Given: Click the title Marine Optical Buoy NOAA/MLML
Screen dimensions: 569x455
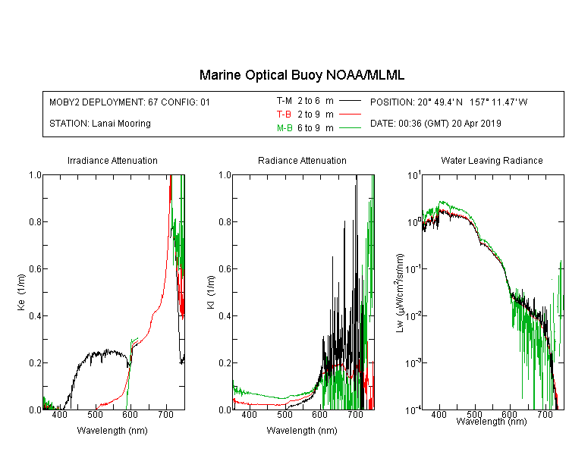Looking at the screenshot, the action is click(301, 75).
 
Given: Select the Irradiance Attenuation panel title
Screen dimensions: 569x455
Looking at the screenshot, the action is click(112, 160).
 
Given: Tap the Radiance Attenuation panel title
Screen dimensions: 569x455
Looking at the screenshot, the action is click(302, 160).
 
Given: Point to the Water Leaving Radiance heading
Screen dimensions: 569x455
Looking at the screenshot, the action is click(492, 160).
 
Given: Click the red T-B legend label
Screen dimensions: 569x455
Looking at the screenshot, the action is click(284, 115).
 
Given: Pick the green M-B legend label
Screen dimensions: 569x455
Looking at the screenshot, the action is click(284, 128).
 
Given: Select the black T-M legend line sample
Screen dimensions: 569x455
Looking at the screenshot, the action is click(350, 101).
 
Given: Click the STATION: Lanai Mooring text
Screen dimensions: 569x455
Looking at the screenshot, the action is click(100, 124).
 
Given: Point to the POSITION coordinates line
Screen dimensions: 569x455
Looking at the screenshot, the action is click(448, 102).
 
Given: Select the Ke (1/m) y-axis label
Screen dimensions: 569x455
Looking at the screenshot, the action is click(21, 292).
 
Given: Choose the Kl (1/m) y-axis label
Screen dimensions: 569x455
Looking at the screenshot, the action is click(210, 292).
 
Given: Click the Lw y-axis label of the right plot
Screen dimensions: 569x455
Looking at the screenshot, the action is click(400, 293).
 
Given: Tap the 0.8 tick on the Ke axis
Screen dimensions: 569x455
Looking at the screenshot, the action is click(35, 221).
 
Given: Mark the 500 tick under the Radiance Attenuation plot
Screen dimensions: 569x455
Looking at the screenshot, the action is click(284, 414).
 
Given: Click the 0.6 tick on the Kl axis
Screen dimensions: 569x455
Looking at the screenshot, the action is click(225, 269).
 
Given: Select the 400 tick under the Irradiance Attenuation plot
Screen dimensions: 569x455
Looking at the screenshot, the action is click(59, 414).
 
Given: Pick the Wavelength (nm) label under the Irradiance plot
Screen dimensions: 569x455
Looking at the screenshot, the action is click(112, 431).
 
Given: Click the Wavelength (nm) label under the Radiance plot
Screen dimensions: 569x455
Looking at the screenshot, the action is click(302, 431).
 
